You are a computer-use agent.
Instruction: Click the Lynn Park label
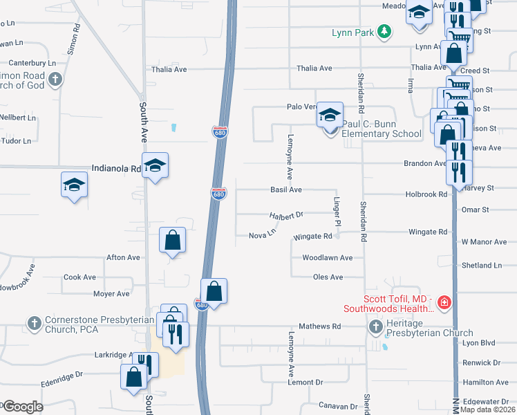coord(352,32)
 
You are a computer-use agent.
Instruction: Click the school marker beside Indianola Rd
coord(156,165)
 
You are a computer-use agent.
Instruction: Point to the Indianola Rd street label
coord(116,168)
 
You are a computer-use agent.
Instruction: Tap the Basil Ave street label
coord(286,190)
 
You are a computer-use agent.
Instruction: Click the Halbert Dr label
coord(287,216)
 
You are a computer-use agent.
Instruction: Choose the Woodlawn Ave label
coord(328,258)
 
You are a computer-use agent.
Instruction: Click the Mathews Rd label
coord(320,326)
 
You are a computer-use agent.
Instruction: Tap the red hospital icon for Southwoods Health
coord(444,302)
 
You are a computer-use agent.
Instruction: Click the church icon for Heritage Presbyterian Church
coord(375,326)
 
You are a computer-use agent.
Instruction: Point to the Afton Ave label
coord(123,257)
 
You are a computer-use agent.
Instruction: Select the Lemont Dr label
coord(305,382)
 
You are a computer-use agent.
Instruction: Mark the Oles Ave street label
coord(328,277)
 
